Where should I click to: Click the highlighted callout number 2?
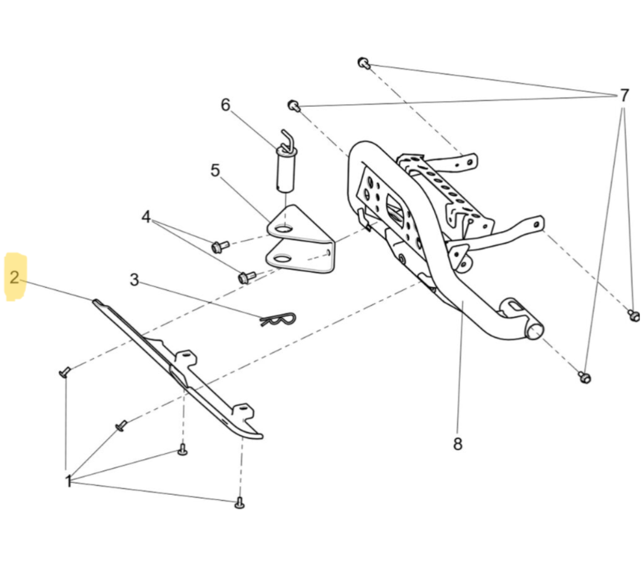tap(15, 277)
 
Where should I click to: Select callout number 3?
tap(134, 280)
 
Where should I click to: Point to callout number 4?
tap(146, 217)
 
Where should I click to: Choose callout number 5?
tap(216, 170)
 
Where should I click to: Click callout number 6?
tap(226, 104)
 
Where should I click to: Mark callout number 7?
tap(624, 95)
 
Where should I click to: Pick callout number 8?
tap(458, 444)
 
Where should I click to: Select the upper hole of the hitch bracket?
tap(283, 229)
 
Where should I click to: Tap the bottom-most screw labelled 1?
tap(240, 503)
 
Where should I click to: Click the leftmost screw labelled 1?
tap(64, 371)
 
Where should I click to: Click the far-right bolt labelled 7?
tap(633, 316)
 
